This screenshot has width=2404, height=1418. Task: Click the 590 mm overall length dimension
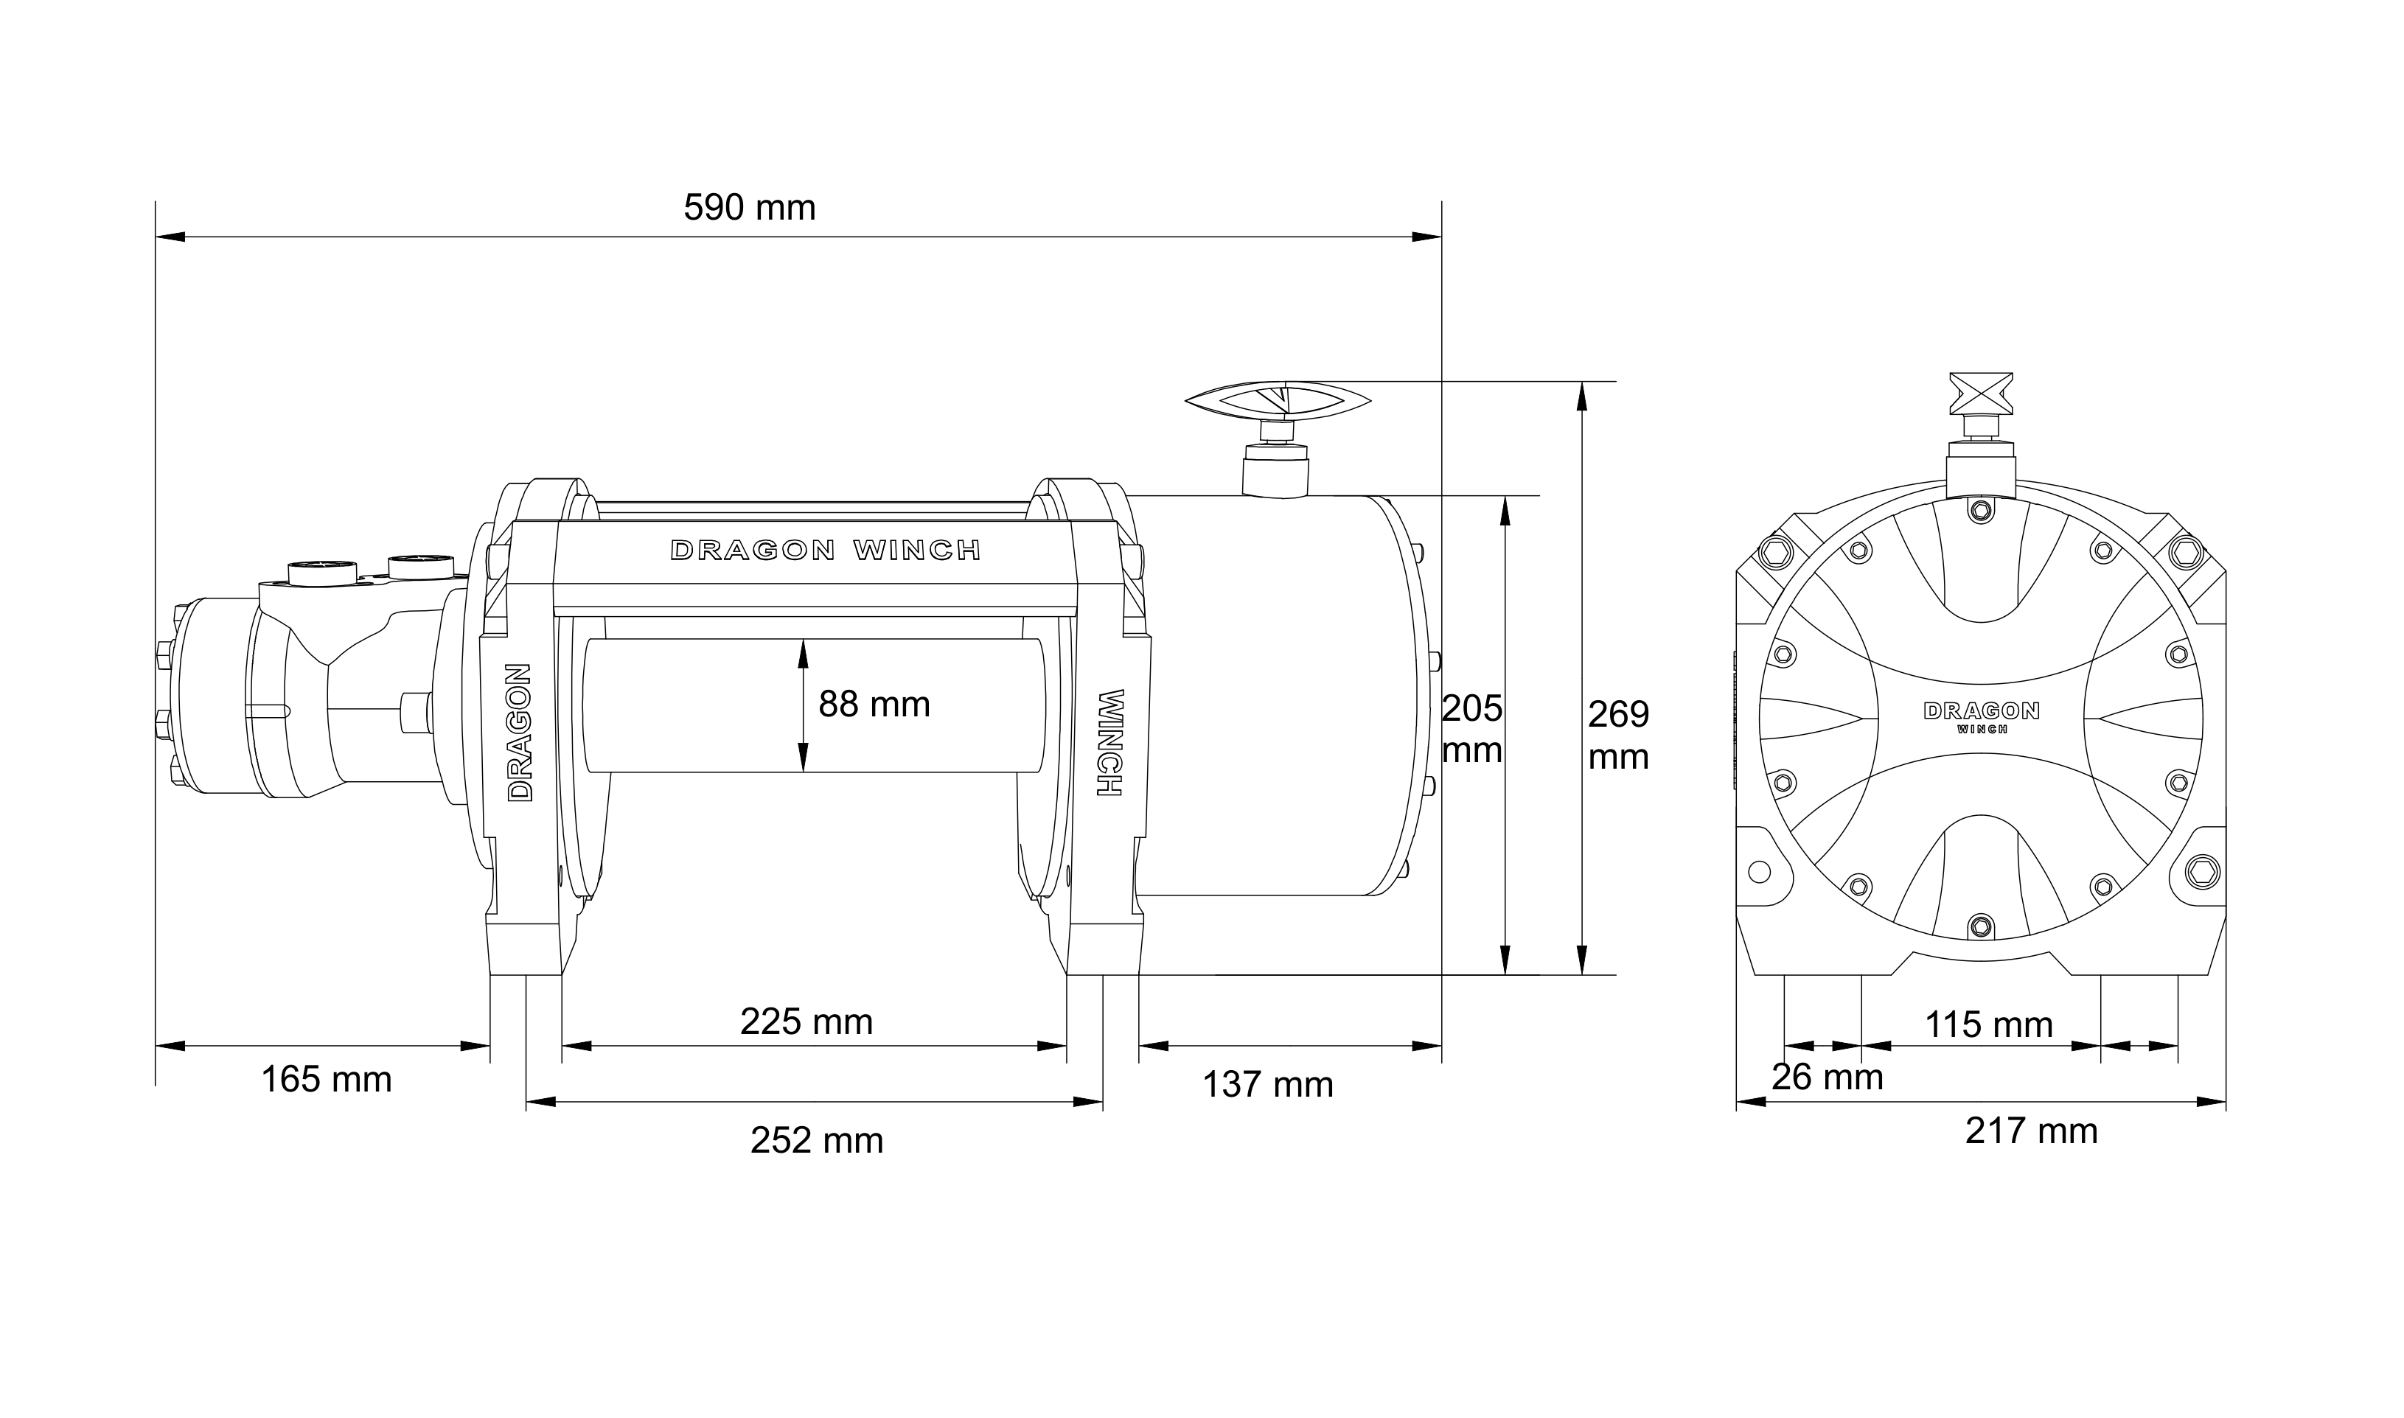[x=750, y=209]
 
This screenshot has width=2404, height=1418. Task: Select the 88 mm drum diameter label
[x=874, y=705]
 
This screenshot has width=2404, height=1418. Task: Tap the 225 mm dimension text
[x=806, y=1022]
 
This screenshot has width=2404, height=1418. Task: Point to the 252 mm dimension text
[x=817, y=1141]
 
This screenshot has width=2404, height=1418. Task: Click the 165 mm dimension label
[x=327, y=1080]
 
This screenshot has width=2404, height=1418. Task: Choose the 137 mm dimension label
[x=1268, y=1085]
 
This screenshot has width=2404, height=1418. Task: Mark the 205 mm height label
[x=1472, y=729]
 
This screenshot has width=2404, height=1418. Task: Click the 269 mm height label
[x=1619, y=735]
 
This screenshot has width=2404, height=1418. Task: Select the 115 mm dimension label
[x=1988, y=1025]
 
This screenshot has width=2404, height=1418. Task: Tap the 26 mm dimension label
[x=1827, y=1077]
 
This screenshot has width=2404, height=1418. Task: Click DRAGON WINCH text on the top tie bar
[x=826, y=551]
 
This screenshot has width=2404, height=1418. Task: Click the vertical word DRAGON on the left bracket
[x=520, y=732]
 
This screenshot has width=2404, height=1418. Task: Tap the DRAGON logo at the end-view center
[x=1981, y=711]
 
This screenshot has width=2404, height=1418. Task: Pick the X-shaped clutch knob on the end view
[x=1981, y=394]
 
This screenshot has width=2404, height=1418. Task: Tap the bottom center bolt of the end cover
[x=1980, y=925]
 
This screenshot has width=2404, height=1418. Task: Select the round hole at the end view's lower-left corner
[x=1758, y=871]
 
